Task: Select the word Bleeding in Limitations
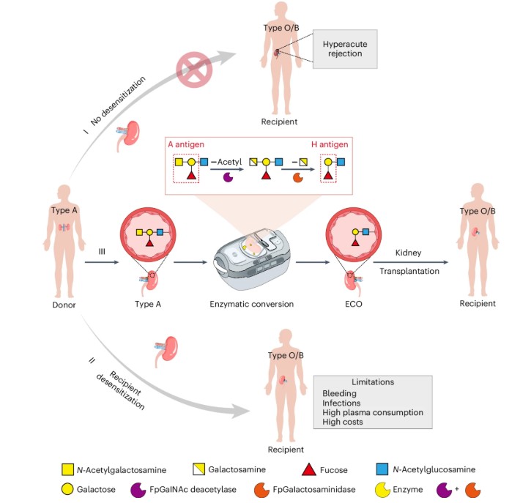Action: [x=338, y=393]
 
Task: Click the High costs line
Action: [x=344, y=422]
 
